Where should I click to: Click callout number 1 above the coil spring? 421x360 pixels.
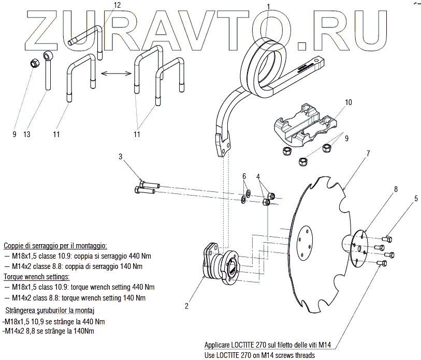coord(268,6)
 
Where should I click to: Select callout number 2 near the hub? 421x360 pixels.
coord(186,305)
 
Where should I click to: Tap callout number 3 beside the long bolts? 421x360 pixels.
coord(120,157)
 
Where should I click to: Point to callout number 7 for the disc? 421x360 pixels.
coord(368,154)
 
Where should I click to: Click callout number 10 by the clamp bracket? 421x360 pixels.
coord(348,102)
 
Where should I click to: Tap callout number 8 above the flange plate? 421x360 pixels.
coord(396,189)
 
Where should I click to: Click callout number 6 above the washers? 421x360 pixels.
coord(244,176)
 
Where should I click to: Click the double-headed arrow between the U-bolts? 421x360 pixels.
coord(114,74)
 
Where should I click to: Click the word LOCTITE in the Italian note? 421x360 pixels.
coord(244,345)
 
